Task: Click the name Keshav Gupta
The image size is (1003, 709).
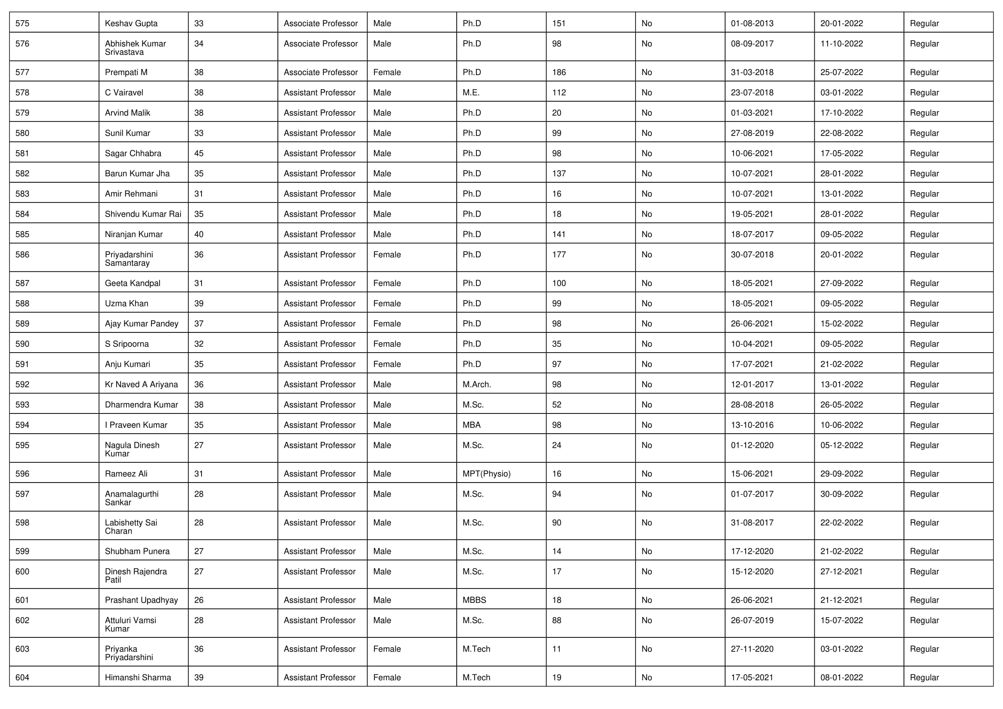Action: [131, 24]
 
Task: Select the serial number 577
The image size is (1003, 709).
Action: [22, 72]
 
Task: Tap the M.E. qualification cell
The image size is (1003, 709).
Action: [471, 93]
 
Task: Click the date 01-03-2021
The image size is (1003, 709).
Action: [752, 113]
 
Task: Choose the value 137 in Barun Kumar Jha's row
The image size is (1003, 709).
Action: [559, 174]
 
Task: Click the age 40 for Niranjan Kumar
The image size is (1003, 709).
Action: [199, 235]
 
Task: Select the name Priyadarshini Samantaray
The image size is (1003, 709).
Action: [129, 259]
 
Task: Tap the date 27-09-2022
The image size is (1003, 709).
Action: [841, 284]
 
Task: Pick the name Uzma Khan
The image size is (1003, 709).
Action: [126, 304]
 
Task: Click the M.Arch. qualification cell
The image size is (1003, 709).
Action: [476, 385]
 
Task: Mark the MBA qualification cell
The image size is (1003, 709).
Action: [471, 425]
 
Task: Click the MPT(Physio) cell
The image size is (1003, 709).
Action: [486, 474]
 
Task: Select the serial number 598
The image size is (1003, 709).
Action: [22, 523]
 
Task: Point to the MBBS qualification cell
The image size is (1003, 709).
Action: [474, 600]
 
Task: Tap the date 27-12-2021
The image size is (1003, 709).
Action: [841, 572]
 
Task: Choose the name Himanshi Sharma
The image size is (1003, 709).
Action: [138, 678]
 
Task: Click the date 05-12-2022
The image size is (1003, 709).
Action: [841, 446]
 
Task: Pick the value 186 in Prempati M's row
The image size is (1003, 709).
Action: [559, 72]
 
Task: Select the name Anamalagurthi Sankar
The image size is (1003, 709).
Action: [132, 498]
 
